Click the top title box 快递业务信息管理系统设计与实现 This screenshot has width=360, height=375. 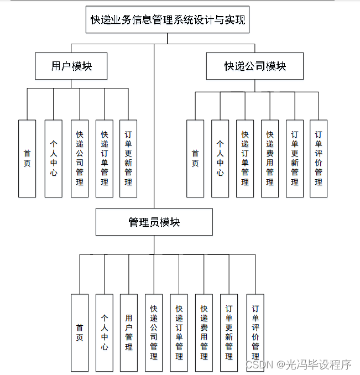[168, 20]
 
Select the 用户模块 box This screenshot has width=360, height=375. [71, 66]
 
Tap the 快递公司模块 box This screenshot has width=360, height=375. [255, 66]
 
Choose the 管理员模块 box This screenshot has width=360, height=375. [154, 222]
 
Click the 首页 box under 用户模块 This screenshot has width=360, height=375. [27, 158]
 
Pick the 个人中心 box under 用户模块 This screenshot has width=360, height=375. [54, 158]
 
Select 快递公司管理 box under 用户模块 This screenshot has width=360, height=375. [80, 158]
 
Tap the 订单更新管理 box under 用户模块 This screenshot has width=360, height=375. [128, 158]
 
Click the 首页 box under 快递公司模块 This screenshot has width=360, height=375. [195, 158]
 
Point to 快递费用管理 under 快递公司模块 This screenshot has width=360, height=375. [270, 158]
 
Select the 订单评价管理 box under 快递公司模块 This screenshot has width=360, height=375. [319, 158]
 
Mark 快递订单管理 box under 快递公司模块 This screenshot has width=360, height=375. [245, 158]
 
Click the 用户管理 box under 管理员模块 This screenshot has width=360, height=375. [129, 332]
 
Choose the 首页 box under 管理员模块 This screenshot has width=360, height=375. [80, 332]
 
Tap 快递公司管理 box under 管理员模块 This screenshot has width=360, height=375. [154, 332]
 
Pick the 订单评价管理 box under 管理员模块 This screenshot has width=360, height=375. [255, 332]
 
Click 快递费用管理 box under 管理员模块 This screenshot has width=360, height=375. [204, 332]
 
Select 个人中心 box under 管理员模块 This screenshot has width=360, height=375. [105, 332]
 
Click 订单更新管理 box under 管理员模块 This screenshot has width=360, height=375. [229, 332]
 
